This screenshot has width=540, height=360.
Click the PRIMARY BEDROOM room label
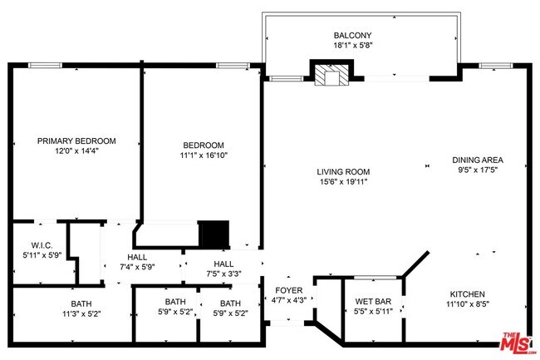(76, 141)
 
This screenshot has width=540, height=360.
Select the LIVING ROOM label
(342, 171)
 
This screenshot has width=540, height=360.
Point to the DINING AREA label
(478, 160)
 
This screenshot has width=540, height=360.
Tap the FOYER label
(290, 290)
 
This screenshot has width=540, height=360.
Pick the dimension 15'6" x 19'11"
(342, 181)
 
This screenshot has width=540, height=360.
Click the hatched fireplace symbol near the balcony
(330, 76)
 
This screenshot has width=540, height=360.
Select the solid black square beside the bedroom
(214, 234)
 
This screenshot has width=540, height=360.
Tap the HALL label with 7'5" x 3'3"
(224, 263)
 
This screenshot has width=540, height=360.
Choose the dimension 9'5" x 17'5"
(478, 170)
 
